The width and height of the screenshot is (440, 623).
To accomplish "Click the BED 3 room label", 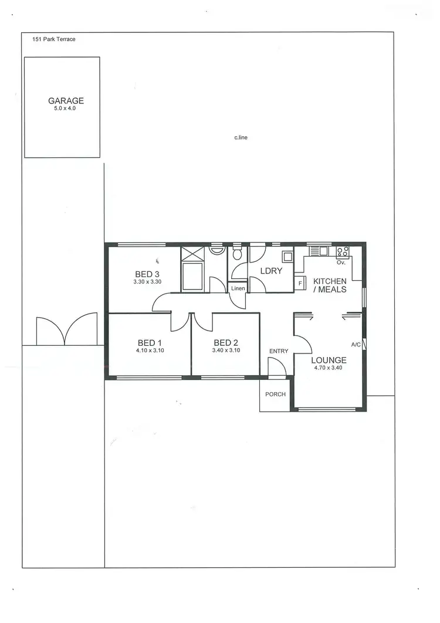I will [x=147, y=274].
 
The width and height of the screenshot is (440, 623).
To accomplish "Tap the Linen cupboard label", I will [x=238, y=288].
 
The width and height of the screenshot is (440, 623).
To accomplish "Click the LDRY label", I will [x=272, y=271].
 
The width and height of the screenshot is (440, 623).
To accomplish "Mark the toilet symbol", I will [x=237, y=254].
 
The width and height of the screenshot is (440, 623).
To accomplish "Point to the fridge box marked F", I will [x=300, y=284].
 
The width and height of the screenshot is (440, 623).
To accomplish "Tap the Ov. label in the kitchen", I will [x=341, y=262].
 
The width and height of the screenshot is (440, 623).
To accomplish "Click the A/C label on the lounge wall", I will [x=356, y=345].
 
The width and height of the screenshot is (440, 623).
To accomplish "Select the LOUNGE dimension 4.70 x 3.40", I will [x=329, y=368].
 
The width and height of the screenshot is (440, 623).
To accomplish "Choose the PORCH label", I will [x=275, y=394].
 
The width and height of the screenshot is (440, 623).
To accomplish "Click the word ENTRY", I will [x=279, y=351].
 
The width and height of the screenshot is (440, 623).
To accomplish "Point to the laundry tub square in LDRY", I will [x=287, y=256].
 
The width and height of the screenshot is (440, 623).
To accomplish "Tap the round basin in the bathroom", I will [x=216, y=250].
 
